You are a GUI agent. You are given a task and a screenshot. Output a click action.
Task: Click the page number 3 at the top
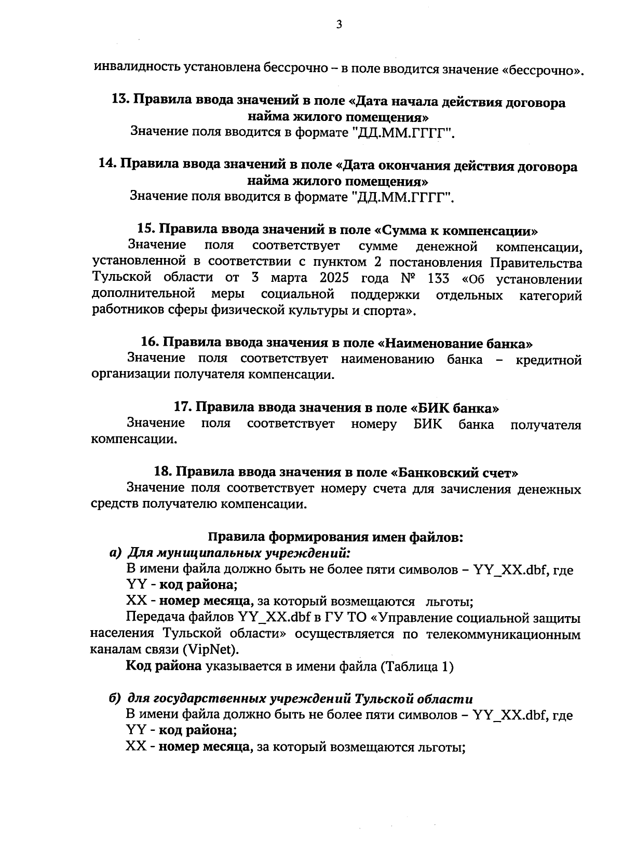(339, 24)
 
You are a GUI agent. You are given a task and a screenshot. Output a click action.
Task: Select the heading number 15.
(146, 229)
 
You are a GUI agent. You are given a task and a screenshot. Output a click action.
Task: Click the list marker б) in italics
(115, 698)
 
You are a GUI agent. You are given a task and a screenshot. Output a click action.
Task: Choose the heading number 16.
(150, 343)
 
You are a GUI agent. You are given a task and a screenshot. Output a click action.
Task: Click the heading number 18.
(164, 472)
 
